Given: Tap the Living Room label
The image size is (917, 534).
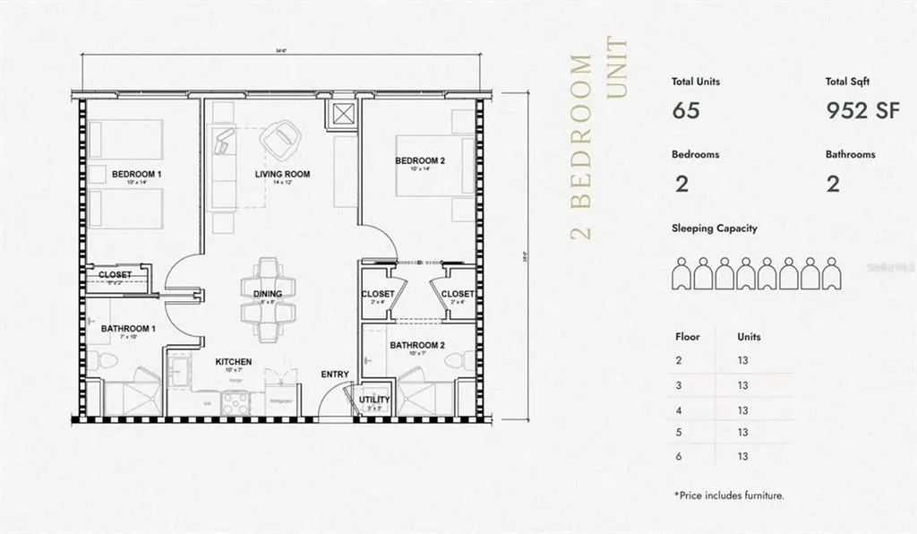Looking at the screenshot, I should coord(282,174).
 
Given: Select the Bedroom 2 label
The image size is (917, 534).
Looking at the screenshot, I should coord(420,161).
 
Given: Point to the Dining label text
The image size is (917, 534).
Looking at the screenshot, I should coord(267,294).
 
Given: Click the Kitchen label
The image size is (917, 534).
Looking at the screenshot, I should coord(233,362).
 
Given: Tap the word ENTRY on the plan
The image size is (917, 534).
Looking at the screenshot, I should coord(336,375).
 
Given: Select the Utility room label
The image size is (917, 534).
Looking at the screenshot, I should coord(374,400).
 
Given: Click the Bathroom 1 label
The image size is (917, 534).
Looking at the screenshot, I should coord(128,329).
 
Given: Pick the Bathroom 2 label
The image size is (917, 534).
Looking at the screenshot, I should coord(417,345).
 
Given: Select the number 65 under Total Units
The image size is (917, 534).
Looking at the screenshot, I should coord(685,111).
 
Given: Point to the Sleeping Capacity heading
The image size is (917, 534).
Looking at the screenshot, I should coord(715,228).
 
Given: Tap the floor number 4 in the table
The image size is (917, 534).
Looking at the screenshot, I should coord(680,409).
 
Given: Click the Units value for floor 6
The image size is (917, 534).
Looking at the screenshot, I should coord(742,456).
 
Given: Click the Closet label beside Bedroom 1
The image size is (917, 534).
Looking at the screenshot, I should coord(115,275).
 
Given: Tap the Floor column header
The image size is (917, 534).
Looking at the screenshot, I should coord(686,338).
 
